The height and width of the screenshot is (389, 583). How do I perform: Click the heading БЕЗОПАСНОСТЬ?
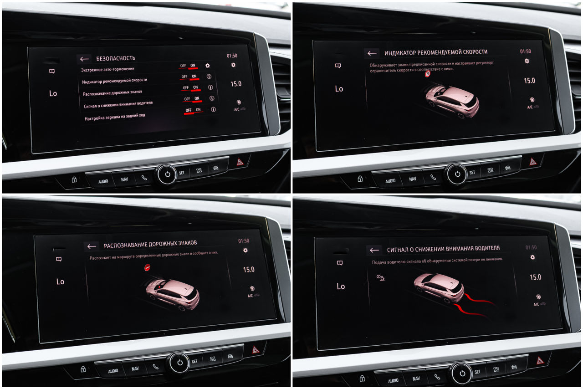point(116,58)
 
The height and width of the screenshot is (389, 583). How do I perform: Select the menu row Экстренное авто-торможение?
point(107,69)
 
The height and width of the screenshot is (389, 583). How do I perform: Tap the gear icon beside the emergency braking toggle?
point(207,66)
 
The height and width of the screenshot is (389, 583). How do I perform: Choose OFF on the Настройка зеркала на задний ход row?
point(189,110)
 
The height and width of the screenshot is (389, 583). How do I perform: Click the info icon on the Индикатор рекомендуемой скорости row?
point(209,77)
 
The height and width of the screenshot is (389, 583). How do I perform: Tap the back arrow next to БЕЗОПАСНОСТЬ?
point(84,59)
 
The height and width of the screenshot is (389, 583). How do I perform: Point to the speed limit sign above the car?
point(428,74)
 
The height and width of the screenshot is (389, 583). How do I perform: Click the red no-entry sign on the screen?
point(147,267)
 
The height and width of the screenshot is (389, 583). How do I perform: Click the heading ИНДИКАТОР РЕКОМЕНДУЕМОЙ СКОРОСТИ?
point(436,52)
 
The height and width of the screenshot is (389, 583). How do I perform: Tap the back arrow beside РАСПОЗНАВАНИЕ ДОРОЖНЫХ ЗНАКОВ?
point(92,246)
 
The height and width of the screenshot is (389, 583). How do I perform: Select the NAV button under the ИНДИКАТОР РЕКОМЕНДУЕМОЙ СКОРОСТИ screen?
point(413,179)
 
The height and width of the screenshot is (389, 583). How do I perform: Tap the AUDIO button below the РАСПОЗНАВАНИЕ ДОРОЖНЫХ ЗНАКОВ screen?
point(113,371)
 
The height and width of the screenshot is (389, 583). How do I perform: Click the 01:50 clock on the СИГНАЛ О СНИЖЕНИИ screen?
point(531,247)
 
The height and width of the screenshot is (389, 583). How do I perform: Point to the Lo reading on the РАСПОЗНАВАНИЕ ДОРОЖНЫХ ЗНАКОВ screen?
point(60,282)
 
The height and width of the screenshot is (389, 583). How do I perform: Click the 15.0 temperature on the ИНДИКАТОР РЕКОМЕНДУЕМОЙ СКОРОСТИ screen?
point(529,81)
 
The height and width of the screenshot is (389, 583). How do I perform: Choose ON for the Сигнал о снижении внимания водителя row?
point(197,99)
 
